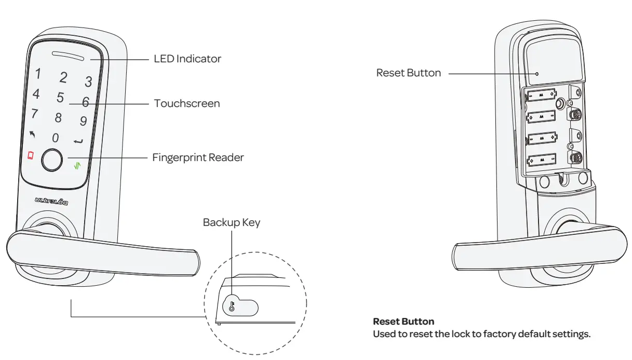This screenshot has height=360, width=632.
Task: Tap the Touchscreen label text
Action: (x=187, y=103)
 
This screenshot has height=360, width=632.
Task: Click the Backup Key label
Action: (x=232, y=222)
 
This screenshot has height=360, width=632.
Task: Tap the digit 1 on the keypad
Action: (x=38, y=74)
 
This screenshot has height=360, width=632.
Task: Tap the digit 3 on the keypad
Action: (x=88, y=82)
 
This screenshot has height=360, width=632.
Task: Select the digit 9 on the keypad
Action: (x=83, y=122)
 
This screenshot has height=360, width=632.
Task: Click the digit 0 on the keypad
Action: (x=55, y=138)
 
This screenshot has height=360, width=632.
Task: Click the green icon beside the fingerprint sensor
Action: (x=77, y=167)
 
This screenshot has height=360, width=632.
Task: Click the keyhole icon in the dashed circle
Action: (x=232, y=306)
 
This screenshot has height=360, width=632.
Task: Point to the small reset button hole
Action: (x=537, y=74)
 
